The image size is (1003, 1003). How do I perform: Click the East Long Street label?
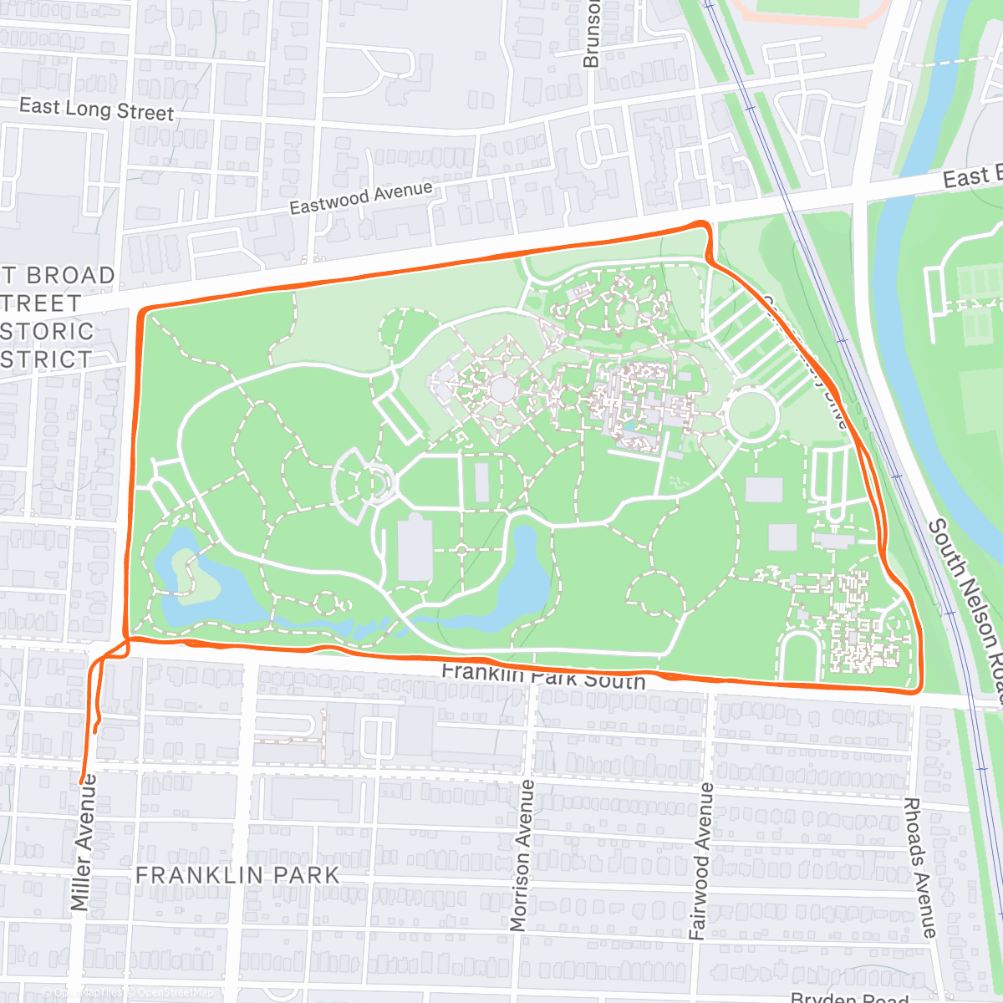(x=96, y=109)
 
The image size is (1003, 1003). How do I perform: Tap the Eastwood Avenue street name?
(x=361, y=198)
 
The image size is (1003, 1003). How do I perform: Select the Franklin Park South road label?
(x=543, y=675)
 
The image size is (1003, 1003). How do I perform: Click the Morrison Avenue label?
(x=521, y=855)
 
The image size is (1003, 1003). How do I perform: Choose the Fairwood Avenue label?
(x=700, y=861)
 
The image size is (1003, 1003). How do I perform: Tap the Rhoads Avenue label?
(x=919, y=867)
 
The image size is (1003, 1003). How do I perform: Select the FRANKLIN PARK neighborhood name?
(x=237, y=875)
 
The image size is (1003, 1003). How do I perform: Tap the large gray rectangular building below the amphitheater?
(x=415, y=548)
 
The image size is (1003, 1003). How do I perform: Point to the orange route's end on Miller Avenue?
(x=83, y=781)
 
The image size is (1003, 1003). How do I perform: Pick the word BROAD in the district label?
(x=71, y=275)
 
